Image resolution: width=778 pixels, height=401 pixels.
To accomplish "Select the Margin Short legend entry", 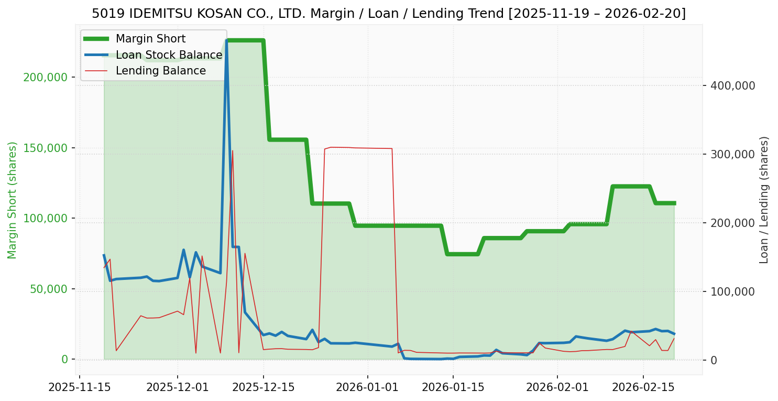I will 150,39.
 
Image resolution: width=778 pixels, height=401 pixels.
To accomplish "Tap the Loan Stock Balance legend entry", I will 169,55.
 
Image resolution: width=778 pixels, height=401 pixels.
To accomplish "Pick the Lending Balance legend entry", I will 160,71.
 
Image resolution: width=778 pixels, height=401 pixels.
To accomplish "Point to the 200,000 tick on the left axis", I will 46,78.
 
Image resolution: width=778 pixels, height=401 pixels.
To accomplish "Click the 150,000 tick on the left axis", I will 46,148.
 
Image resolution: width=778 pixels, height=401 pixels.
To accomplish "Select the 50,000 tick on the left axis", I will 48,289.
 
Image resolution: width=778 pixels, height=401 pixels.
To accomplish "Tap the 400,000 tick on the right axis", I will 732,85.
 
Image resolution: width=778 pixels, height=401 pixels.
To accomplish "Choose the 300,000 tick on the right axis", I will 732,154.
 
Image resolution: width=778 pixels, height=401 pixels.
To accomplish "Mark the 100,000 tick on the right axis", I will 732,291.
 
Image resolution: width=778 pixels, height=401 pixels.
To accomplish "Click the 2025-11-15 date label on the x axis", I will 80,388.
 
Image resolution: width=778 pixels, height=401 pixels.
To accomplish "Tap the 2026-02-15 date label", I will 643,388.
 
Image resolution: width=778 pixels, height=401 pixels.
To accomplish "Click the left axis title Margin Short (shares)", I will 12,200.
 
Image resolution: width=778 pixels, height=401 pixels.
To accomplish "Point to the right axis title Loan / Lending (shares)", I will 764,200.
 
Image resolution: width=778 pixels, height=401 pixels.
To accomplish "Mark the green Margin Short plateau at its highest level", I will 245,40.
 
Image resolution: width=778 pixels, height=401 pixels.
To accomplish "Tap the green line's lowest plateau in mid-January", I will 462,254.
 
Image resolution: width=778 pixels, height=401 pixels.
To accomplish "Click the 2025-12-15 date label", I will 263,388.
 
